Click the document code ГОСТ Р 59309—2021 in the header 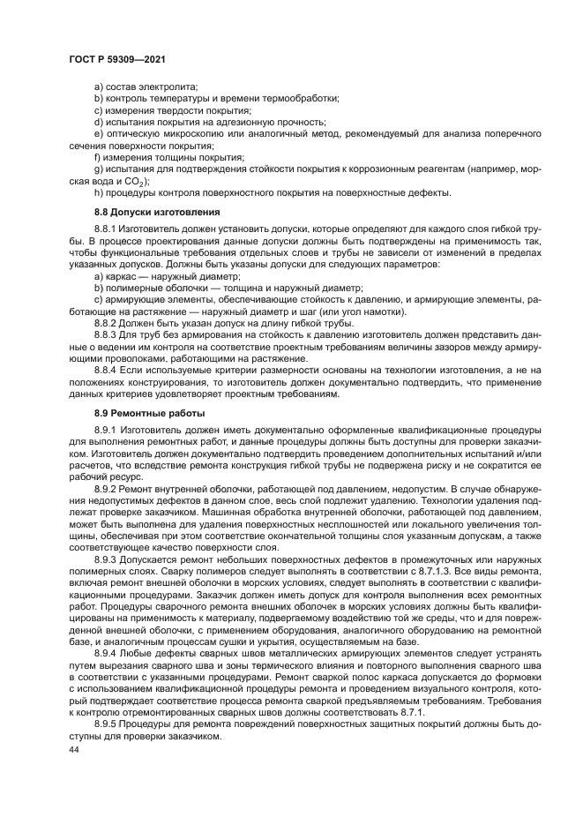pos(117,58)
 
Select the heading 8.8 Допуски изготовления pos(157,213)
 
